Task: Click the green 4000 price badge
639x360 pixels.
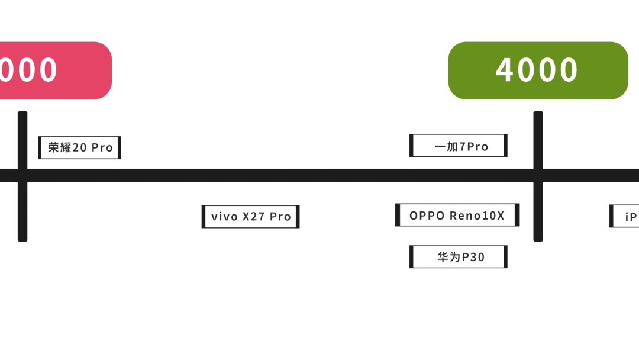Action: [x=538, y=70]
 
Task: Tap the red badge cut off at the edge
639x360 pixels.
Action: [x=53, y=70]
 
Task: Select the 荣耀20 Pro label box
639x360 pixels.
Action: [x=79, y=147]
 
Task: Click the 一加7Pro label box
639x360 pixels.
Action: [x=458, y=146]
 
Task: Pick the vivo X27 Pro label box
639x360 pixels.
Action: [x=250, y=217]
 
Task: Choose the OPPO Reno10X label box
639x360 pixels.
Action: [x=457, y=215]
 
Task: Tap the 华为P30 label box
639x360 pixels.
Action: [x=458, y=257]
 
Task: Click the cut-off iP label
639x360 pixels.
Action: [x=625, y=217]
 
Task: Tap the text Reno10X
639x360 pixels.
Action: [x=477, y=216]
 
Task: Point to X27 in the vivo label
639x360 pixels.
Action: [x=254, y=217]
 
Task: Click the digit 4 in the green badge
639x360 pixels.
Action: [x=505, y=70]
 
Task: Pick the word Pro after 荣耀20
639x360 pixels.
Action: [x=102, y=147]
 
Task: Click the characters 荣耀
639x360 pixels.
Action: [x=59, y=147]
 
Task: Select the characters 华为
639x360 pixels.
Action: [x=448, y=257]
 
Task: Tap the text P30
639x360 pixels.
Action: [x=473, y=257]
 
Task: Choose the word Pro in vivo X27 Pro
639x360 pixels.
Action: [x=280, y=217]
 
